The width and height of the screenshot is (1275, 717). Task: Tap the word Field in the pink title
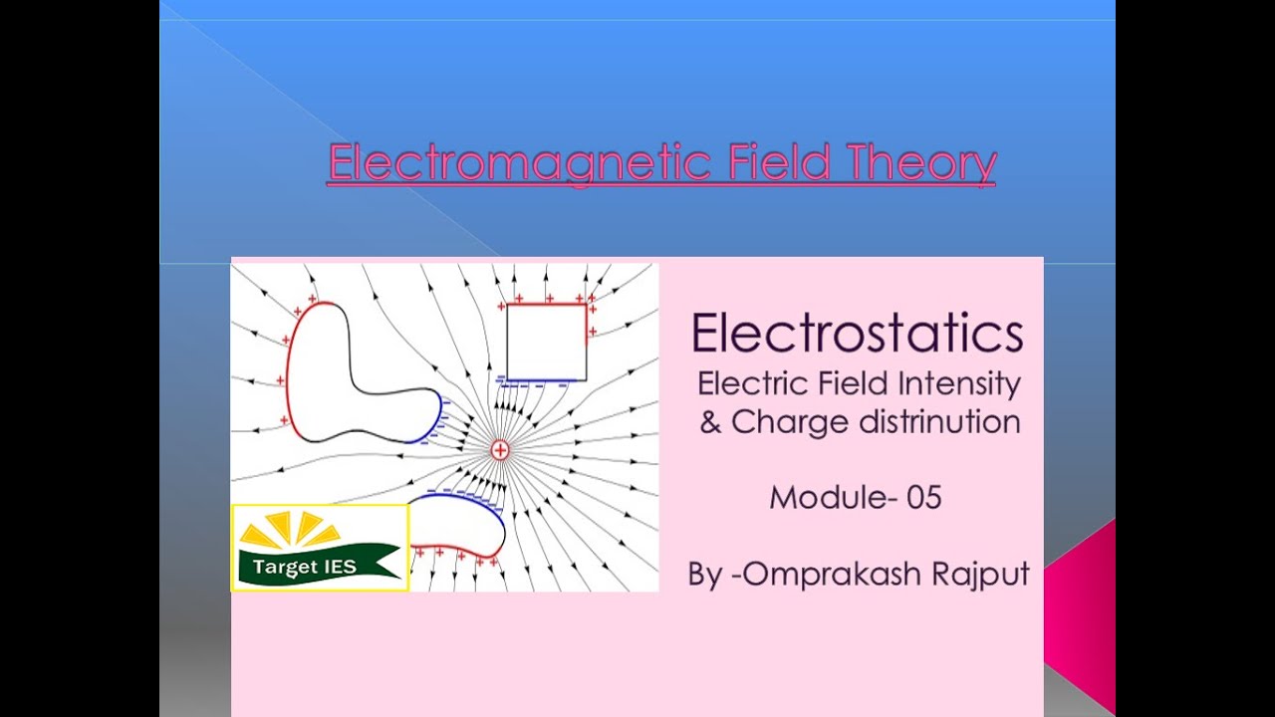coord(779,162)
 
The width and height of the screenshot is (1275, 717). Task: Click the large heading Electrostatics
coord(858,334)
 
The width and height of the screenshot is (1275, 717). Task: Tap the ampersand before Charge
coord(710,422)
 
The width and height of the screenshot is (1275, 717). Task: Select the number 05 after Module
coord(923,497)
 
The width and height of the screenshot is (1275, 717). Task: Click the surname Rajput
coord(980,575)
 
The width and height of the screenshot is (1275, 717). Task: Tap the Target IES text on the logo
coord(298,568)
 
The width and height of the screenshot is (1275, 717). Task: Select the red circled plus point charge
coord(500,450)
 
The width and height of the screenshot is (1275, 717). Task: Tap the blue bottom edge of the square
coord(544,381)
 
